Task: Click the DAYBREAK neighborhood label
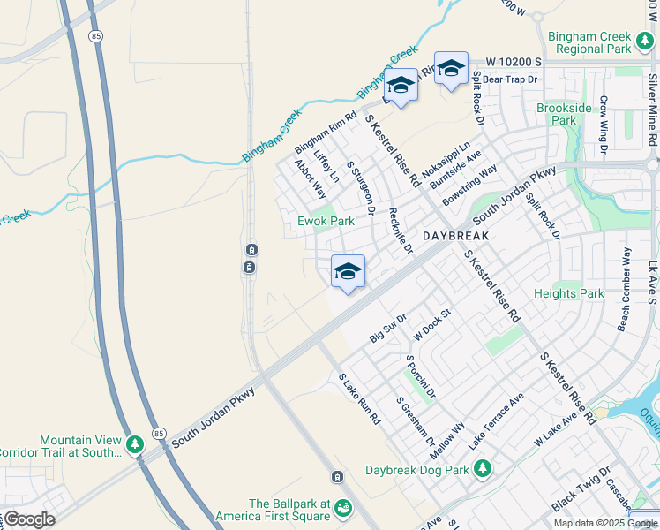[x=454, y=238]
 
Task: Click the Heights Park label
[x=569, y=293]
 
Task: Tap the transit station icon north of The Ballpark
[x=336, y=477]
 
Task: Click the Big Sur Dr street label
[x=388, y=328]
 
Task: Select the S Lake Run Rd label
[x=359, y=397]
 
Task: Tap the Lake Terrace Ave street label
[x=496, y=421]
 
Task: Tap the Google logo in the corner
[x=28, y=519]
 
